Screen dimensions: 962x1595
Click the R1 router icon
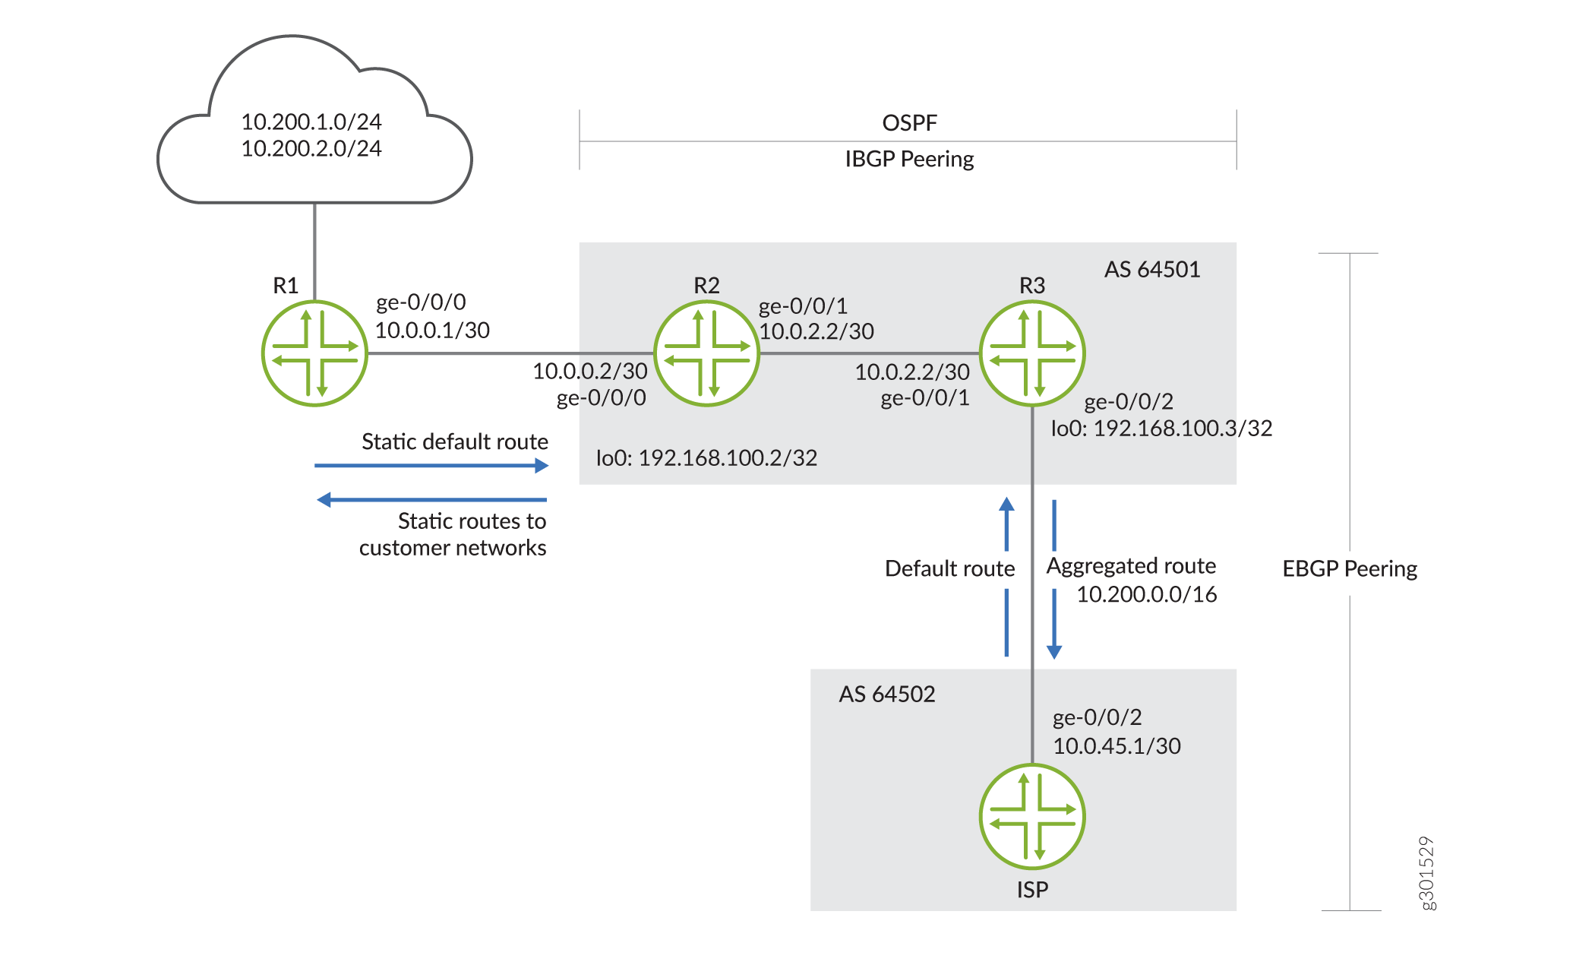pyautogui.click(x=314, y=353)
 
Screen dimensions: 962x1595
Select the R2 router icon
pyautogui.click(x=706, y=353)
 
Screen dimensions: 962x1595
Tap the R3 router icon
pyautogui.click(x=1032, y=353)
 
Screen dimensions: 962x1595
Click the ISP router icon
pyautogui.click(x=1032, y=816)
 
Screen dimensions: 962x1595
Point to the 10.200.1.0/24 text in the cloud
pyautogui.click(x=311, y=122)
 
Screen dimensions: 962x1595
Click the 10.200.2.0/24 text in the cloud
pyautogui.click(x=311, y=148)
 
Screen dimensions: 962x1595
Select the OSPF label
pyautogui.click(x=909, y=122)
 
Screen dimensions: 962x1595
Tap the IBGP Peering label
pyautogui.click(x=909, y=159)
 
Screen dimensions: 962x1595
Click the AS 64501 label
pyautogui.click(x=1151, y=270)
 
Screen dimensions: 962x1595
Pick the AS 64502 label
pyautogui.click(x=886, y=694)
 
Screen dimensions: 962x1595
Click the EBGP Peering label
pyautogui.click(x=1350, y=569)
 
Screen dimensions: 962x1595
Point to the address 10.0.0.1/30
pyautogui.click(x=432, y=331)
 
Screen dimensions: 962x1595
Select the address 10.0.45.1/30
pyautogui.click(x=1116, y=746)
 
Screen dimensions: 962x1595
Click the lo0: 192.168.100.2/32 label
pyautogui.click(x=706, y=458)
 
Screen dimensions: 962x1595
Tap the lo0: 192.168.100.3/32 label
pyautogui.click(x=1161, y=429)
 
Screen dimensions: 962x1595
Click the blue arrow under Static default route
pyautogui.click(x=431, y=465)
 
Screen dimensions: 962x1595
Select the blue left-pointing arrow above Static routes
pyautogui.click(x=431, y=499)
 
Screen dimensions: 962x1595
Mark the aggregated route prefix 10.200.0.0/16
pyautogui.click(x=1146, y=594)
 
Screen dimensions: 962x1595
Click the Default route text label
pyautogui.click(x=949, y=569)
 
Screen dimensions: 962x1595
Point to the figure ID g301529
pyautogui.click(x=1426, y=873)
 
